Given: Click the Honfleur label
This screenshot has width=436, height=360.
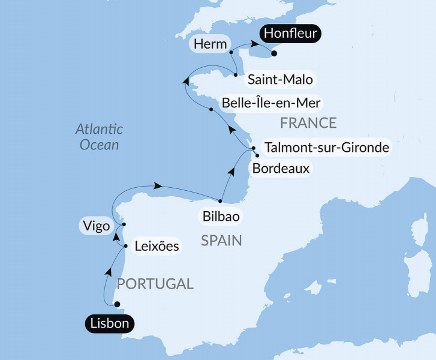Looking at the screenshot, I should pos(290,33).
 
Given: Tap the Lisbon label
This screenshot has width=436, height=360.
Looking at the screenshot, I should pos(110,324).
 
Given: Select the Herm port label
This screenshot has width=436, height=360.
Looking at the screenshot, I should pos(211,44).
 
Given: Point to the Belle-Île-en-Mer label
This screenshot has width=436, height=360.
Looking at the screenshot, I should pos(271,103).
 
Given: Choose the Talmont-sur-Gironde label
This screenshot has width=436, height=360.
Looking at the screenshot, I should pos(327,147).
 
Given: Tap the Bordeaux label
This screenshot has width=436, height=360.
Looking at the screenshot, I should pos(281,168).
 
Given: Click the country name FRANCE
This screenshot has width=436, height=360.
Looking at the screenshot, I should pos(308,124).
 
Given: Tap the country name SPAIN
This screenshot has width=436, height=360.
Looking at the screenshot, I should pos(221,241).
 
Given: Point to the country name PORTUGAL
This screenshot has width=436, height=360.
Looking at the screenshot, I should pos(155,284).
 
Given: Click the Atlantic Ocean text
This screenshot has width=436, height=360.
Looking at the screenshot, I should pos(99,137).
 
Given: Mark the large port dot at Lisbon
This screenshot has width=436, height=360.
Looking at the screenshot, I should pos(117,304).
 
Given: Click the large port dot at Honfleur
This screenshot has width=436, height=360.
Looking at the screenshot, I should pos(274,53).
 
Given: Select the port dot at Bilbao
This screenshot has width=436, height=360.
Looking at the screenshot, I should pos(221,201).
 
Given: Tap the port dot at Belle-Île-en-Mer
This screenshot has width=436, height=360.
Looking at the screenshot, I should pos(211,109).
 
